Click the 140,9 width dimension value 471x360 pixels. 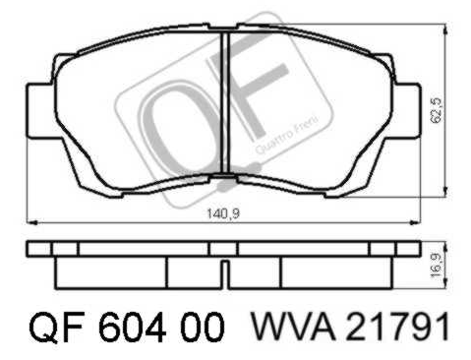(x=223, y=213)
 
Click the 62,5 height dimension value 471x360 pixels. (x=438, y=111)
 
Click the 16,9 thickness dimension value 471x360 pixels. (x=438, y=265)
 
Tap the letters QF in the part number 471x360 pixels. (x=57, y=327)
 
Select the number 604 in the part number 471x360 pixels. (x=133, y=327)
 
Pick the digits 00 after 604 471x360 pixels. (x=203, y=327)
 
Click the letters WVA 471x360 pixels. (x=293, y=327)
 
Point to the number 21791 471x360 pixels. (x=396, y=327)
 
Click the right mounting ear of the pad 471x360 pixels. (x=406, y=110)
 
